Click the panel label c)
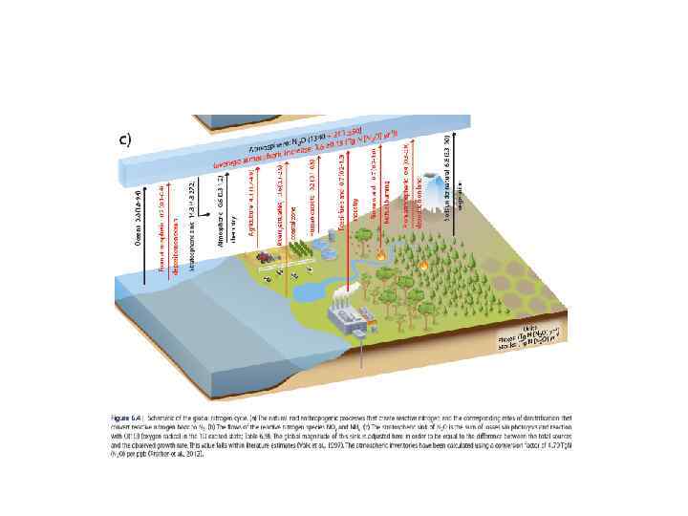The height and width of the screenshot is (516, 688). (x=124, y=140)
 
